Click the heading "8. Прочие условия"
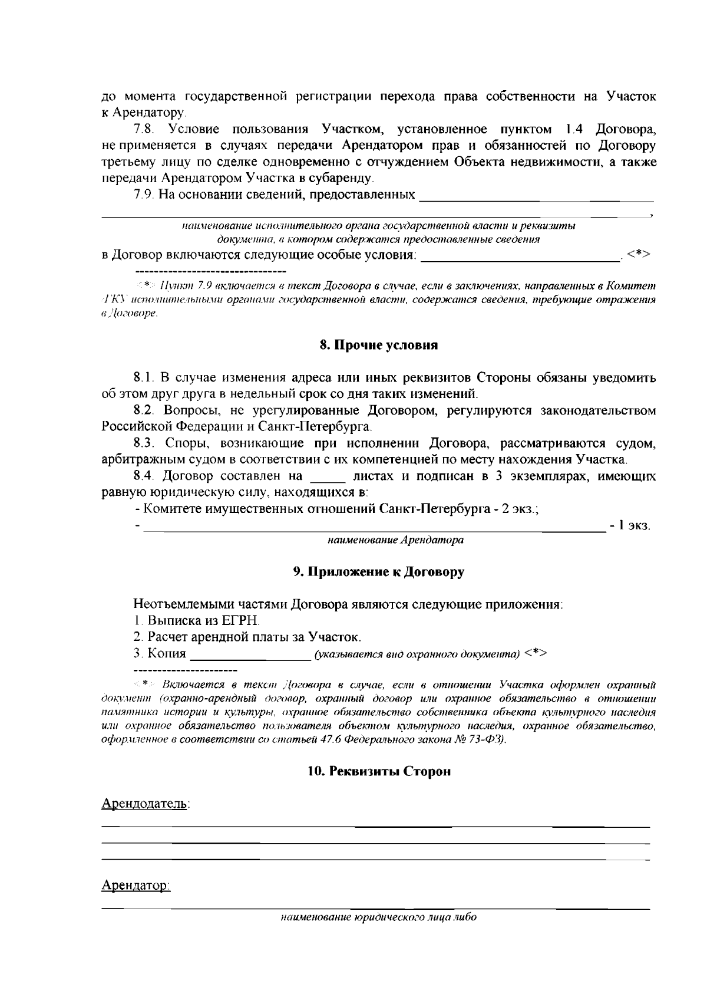pos(378,346)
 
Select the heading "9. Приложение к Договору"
pos(378,572)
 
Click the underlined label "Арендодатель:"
pos(146,804)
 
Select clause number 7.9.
pos(144,195)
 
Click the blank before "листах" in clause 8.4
pos(326,476)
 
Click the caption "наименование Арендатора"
pos(395,540)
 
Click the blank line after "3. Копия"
pos(251,654)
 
